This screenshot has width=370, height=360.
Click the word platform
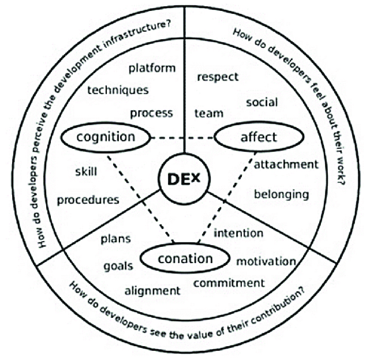[x=152, y=69]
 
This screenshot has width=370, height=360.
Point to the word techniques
[x=118, y=90]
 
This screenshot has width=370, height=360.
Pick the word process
[x=151, y=114]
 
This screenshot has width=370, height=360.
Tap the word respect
[x=218, y=77]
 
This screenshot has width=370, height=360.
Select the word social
[x=262, y=102]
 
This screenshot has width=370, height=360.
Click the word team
[x=209, y=113]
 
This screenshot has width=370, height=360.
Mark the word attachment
[x=286, y=164]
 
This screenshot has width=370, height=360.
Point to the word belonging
[x=282, y=195]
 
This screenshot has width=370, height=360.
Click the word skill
[x=86, y=171]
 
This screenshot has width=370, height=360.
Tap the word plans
[x=115, y=239]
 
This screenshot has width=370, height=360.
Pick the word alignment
[x=152, y=291]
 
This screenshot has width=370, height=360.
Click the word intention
[x=238, y=233]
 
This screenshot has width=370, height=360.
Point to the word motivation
[x=266, y=261]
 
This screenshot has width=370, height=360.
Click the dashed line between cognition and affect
[x=182, y=138]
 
